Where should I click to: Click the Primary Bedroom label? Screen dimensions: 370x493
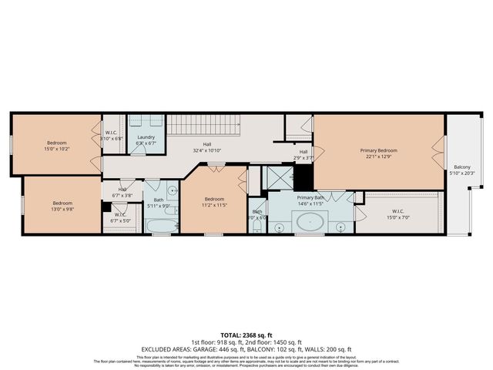[379, 150]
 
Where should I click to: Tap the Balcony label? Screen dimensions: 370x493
[462, 167]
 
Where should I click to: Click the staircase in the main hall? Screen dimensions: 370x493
[203, 125]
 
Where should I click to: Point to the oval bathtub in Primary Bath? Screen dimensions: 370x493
[310, 224]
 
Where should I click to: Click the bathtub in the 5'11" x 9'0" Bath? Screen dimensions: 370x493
[162, 227]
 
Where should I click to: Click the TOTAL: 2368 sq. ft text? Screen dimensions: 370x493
[246, 334]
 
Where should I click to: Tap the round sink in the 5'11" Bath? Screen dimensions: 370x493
[172, 190]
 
